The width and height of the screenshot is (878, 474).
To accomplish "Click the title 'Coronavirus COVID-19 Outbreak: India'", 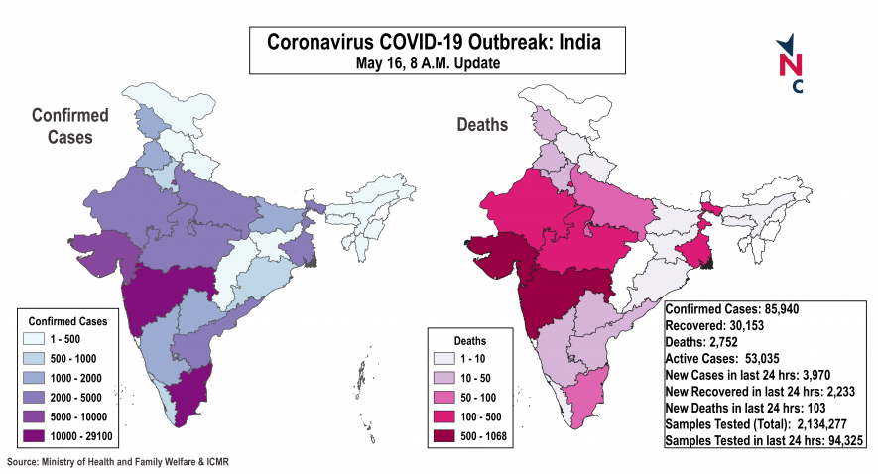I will (x=434, y=43).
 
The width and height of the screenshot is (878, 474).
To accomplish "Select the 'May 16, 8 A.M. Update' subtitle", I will (x=434, y=63).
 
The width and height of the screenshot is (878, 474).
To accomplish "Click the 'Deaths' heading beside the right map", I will (x=482, y=125).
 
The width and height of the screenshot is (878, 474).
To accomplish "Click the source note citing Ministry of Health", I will (x=123, y=462).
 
